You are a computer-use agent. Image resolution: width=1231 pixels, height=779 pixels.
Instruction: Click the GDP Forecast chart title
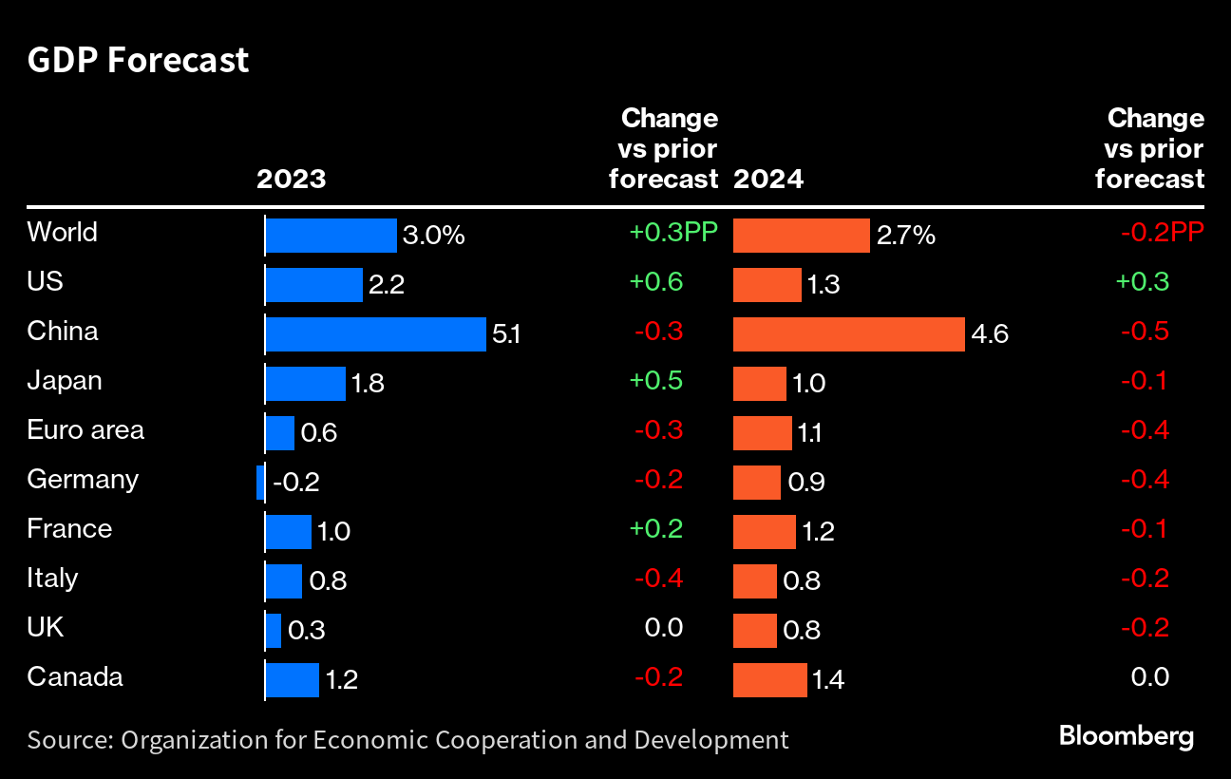click(x=138, y=60)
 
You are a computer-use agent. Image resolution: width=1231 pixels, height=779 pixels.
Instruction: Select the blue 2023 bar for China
click(x=375, y=334)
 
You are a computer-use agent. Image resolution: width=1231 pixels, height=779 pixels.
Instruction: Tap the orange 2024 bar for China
click(x=849, y=334)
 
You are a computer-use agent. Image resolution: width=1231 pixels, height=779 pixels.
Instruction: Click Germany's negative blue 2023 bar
click(x=260, y=483)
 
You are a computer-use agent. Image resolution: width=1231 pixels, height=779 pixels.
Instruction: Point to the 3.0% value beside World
click(x=434, y=235)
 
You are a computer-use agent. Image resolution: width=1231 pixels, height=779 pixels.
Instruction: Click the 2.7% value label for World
click(x=905, y=235)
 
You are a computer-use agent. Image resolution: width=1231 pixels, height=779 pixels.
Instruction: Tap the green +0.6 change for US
click(x=655, y=282)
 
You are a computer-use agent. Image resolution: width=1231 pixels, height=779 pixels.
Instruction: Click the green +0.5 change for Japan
click(x=655, y=381)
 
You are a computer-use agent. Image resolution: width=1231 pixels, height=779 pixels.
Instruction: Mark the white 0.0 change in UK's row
click(x=664, y=628)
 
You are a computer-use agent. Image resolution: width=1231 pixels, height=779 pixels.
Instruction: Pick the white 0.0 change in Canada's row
click(x=1150, y=677)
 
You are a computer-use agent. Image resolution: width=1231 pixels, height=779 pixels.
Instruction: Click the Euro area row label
click(x=85, y=429)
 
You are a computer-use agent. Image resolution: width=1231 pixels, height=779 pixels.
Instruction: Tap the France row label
click(x=69, y=528)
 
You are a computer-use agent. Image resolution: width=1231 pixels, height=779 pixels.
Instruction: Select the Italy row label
click(x=52, y=578)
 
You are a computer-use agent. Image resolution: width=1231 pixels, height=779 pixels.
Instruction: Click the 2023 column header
click(x=291, y=179)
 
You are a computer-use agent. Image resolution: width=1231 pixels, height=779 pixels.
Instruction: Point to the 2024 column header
click(x=768, y=179)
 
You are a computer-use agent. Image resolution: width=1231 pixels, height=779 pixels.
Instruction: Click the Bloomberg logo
click(x=1126, y=735)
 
